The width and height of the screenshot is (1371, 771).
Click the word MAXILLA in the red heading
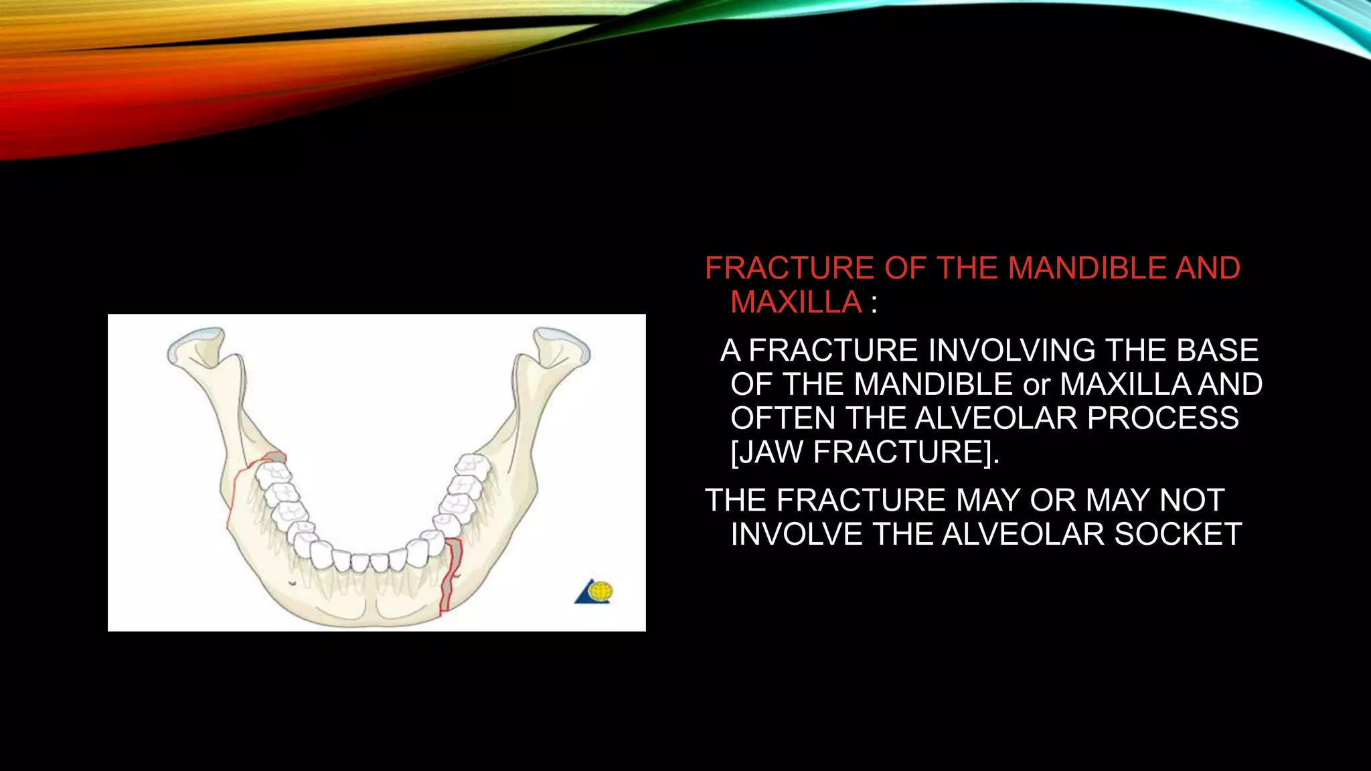click(x=795, y=303)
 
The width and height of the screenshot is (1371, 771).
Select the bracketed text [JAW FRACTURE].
click(x=864, y=452)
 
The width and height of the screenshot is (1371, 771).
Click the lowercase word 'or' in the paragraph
click(x=1036, y=385)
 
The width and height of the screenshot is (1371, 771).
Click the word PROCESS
click(x=1162, y=418)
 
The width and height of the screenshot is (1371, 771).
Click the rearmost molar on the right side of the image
click(x=470, y=463)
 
